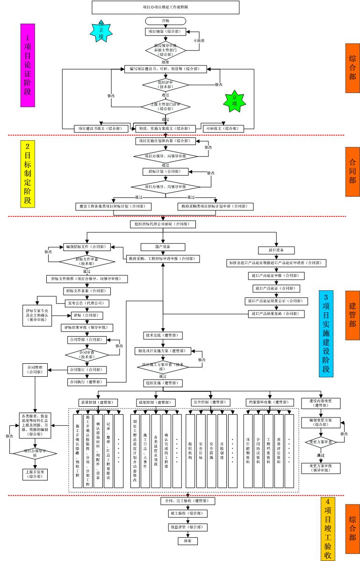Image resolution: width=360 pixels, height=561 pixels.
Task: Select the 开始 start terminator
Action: tap(166, 21)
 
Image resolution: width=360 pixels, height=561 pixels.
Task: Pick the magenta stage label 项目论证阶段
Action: tap(28, 66)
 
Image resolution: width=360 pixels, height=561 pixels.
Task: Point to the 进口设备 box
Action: tap(276, 250)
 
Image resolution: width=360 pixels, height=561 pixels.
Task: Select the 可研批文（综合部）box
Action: tap(223, 128)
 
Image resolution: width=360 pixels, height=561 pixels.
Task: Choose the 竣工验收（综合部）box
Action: tap(187, 513)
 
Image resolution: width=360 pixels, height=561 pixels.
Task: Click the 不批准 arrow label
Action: tap(200, 41)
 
